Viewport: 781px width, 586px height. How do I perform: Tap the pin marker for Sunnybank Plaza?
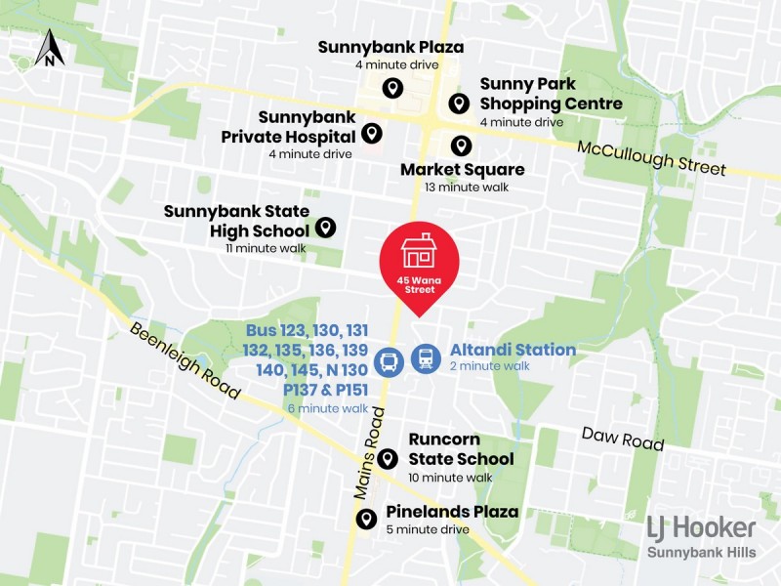tap(391, 88)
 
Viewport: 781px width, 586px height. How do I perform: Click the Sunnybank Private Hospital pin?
tap(371, 133)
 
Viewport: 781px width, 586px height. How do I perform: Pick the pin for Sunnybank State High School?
tap(326, 228)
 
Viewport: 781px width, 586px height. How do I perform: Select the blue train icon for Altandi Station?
tap(426, 358)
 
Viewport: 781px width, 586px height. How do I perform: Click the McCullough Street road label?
tap(652, 158)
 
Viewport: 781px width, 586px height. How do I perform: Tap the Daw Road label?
tap(623, 438)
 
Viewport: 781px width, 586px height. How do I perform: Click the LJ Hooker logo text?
tap(701, 528)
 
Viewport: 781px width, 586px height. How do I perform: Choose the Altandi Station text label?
tap(513, 350)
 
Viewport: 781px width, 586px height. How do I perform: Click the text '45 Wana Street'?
tap(419, 285)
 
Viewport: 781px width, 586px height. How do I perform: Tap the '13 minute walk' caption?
tap(462, 187)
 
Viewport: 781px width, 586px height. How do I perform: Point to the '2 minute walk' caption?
tap(489, 366)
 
